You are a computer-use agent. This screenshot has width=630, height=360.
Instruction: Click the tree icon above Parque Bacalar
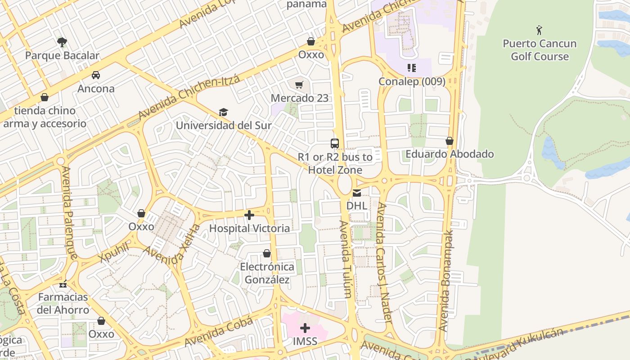62,42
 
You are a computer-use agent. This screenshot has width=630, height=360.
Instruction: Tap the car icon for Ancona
96,75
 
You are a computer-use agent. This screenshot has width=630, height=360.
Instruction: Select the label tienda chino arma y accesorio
45,117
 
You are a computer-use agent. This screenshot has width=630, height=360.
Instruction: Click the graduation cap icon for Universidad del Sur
223,112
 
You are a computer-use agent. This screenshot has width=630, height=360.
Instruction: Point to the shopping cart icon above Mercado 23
299,85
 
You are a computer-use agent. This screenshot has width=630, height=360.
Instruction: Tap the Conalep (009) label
412,81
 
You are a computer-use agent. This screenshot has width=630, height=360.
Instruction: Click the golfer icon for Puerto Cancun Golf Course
539,31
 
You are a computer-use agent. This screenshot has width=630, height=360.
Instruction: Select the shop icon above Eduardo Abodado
449,141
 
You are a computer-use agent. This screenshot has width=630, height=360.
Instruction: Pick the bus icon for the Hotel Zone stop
335,144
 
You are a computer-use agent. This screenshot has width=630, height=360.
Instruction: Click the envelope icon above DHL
356,193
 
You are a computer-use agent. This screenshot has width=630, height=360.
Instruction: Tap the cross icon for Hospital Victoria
249,215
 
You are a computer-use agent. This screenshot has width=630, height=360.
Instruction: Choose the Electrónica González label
267,273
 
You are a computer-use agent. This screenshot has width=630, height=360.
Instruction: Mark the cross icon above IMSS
305,328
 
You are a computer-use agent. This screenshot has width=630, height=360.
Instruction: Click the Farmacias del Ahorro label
63,303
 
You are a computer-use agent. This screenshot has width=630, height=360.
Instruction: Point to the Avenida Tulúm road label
345,259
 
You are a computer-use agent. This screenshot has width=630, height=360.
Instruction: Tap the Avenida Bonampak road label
445,282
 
